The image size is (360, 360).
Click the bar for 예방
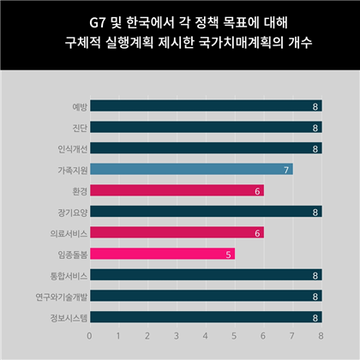point(206,105)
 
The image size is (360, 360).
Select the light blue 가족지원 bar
point(191,169)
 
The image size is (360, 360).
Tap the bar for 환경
point(177,190)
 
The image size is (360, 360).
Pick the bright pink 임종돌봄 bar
point(163,254)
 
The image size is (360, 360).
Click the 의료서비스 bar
point(177,232)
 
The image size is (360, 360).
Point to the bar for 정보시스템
point(206,317)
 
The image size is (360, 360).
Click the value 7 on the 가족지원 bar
point(286,171)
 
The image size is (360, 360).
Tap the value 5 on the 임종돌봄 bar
point(228,255)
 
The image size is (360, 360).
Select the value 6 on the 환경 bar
point(257,191)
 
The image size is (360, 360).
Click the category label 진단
point(80,128)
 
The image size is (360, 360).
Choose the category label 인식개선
point(73,149)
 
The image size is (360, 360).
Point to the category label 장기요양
point(73,213)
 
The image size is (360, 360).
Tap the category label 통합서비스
point(69,276)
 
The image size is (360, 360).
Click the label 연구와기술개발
point(62,297)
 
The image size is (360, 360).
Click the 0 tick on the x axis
point(89,336)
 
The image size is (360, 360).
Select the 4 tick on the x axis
point(205,336)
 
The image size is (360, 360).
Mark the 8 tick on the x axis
point(321,336)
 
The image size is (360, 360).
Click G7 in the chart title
point(98,23)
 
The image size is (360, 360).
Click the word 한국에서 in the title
point(150,22)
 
